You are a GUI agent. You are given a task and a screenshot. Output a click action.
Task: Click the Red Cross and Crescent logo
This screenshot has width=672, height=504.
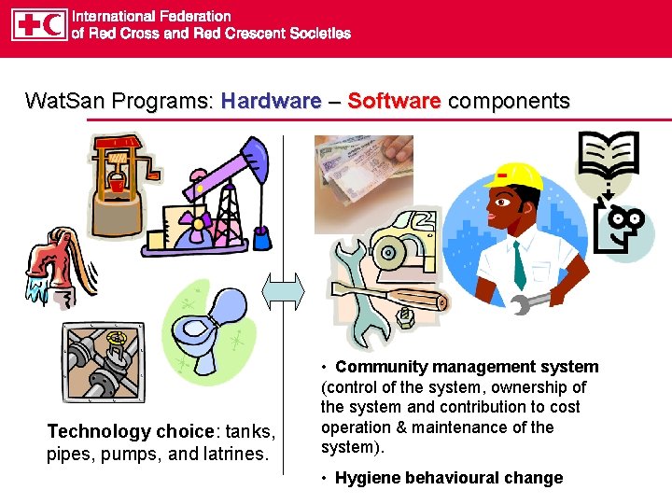[39, 25]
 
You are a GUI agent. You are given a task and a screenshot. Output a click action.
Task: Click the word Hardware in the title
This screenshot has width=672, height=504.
[271, 101]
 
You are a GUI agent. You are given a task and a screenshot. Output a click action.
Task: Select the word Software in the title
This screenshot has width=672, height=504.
[393, 101]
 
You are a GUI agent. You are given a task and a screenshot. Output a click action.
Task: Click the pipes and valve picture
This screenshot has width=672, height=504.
[102, 362]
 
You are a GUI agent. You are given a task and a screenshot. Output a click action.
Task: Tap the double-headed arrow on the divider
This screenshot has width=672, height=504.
[283, 291]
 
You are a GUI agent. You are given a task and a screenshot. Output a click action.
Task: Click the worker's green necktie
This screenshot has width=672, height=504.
[519, 265]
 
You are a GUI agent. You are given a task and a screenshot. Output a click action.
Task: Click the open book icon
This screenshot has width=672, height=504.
[608, 158]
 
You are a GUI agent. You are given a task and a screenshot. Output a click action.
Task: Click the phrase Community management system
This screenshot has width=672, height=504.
[467, 367]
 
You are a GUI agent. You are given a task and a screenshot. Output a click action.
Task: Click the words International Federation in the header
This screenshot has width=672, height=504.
[152, 16]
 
